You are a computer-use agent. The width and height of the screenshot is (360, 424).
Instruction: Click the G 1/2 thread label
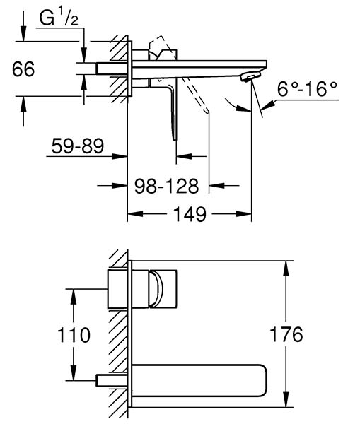(59, 18)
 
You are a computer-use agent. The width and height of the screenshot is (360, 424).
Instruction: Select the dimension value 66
(23, 69)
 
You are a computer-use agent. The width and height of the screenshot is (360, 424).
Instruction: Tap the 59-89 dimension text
(77, 146)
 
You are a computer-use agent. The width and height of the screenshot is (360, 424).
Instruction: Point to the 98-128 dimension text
(166, 186)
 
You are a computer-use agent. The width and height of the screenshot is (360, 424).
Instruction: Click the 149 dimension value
(190, 214)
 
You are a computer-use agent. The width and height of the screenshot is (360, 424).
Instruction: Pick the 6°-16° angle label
(307, 89)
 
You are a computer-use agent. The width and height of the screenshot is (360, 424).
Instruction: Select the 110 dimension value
(74, 335)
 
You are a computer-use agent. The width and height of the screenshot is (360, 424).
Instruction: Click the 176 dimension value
(286, 334)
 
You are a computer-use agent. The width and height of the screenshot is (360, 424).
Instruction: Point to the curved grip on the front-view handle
(156, 289)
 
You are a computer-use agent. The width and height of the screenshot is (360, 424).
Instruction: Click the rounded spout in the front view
(199, 381)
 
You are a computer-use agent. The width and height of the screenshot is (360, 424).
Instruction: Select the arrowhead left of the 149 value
(135, 214)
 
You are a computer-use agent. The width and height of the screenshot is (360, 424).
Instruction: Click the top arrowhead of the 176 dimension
(286, 269)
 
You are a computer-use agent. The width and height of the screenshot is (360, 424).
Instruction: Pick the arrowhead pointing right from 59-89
(120, 156)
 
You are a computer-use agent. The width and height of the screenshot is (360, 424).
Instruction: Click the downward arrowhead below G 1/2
(84, 55)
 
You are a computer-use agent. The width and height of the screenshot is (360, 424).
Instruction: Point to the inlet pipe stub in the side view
(112, 69)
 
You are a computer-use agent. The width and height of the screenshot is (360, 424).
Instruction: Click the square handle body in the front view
(142, 289)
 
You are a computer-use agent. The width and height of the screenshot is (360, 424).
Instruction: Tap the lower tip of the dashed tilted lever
(207, 112)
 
